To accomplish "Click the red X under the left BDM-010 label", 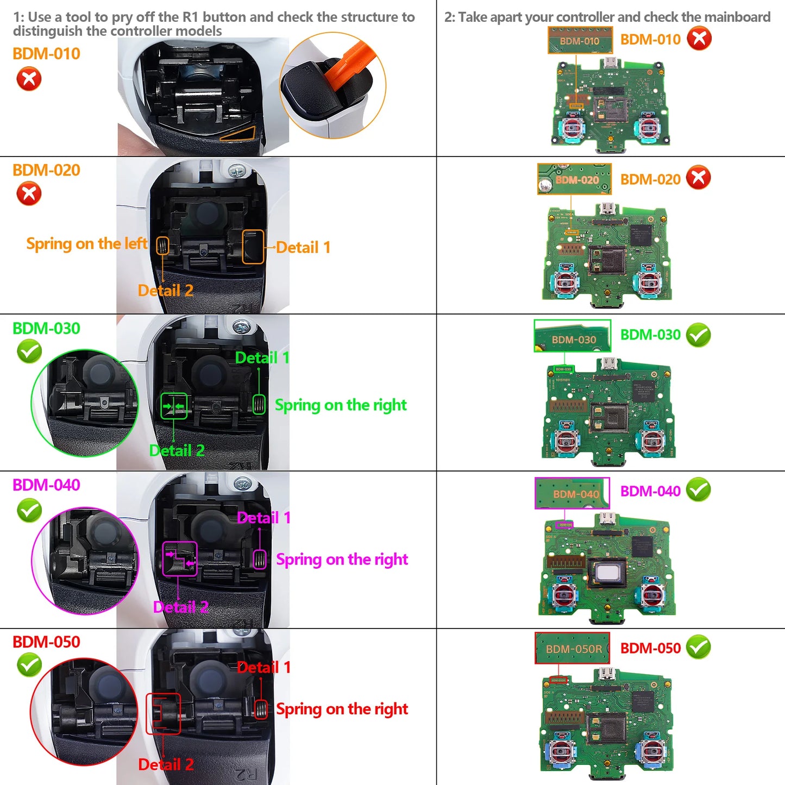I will click(29, 79).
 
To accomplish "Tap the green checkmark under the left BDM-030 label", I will click(29, 351).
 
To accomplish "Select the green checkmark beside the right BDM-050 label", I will click(698, 647).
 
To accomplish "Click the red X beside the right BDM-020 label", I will click(698, 178).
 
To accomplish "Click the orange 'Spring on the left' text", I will click(86, 244).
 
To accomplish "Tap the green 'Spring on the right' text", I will click(340, 405).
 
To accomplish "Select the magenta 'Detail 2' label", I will click(180, 607).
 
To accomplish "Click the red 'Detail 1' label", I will click(263, 667).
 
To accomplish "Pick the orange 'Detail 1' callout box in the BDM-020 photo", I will click(253, 247).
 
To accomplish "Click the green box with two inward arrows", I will click(174, 406).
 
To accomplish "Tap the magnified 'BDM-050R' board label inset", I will click(572, 648).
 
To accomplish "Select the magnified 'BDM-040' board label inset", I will click(572, 493).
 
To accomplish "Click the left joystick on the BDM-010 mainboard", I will click(571, 128).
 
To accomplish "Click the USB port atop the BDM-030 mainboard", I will click(607, 364).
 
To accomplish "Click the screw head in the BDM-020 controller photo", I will click(237, 172).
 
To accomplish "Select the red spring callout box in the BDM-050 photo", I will click(261, 708).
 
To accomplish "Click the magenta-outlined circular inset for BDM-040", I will click(85, 561).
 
